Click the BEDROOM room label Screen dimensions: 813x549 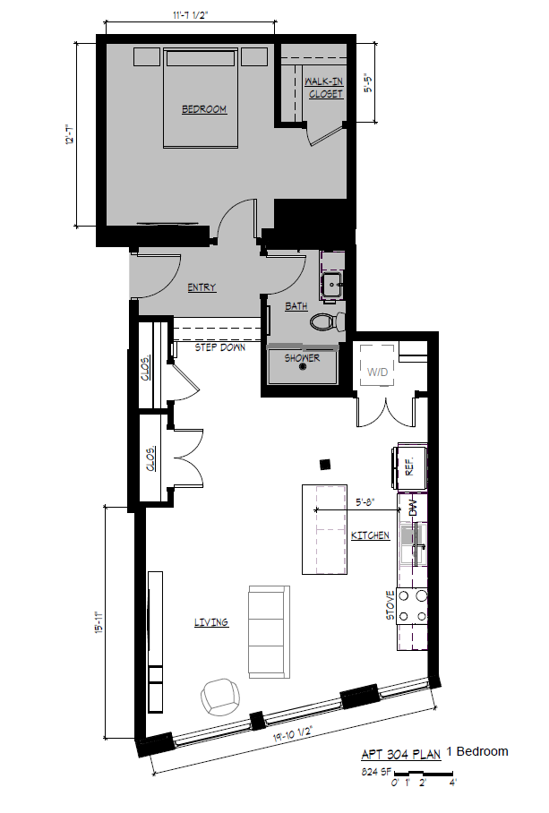pyautogui.click(x=204, y=110)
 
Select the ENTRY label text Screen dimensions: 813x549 pyautogui.click(x=202, y=288)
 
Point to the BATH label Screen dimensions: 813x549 pyautogui.click(x=296, y=306)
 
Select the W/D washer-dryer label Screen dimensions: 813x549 pyautogui.click(x=375, y=369)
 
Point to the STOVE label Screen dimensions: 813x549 pyautogui.click(x=390, y=605)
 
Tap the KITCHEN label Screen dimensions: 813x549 pyautogui.click(x=370, y=535)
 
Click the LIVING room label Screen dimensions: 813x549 pyautogui.click(x=210, y=622)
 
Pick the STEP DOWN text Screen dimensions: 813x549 pyautogui.click(x=219, y=347)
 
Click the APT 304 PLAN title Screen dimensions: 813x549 pyautogui.click(x=400, y=754)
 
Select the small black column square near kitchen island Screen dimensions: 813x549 pyautogui.click(x=326, y=463)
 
